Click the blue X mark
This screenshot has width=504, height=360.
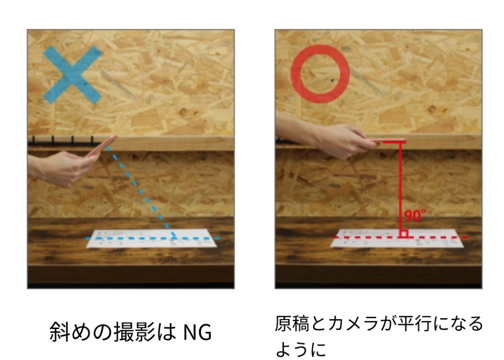pyautogui.click(x=73, y=75)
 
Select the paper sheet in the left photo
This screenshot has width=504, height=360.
pyautogui.click(x=152, y=238)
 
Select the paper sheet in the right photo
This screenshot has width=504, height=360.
pyautogui.click(x=397, y=238)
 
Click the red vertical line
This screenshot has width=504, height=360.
pyautogui.click(x=401, y=189)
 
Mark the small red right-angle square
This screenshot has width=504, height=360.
pyautogui.click(x=405, y=233)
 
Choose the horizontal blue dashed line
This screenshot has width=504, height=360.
pyautogui.click(x=153, y=238)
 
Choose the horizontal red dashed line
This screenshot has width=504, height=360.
pyautogui.click(x=400, y=237)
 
